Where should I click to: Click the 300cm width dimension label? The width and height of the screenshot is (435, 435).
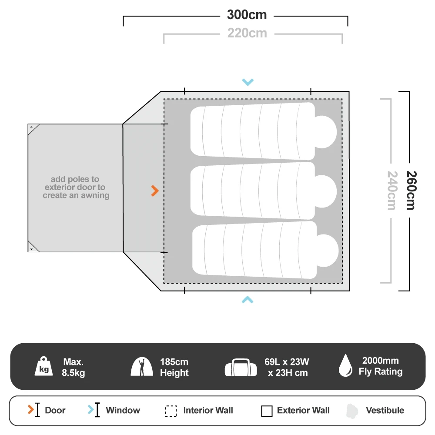point(247,15)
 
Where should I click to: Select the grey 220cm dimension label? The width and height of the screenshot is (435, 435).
point(247,33)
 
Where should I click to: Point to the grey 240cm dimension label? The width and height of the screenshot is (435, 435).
point(391,190)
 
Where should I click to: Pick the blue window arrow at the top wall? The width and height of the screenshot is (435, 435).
point(248,82)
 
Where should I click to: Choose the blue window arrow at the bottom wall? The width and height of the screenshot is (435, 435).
point(248,299)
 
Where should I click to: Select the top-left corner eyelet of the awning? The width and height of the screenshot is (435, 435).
point(31,127)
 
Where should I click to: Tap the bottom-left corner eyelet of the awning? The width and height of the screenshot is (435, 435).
point(31,249)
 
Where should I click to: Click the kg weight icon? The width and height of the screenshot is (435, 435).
point(44,367)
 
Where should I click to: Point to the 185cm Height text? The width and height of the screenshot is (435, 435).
point(174,367)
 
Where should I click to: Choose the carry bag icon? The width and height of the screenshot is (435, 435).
point(241,368)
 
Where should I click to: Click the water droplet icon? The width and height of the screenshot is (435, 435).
point(345,365)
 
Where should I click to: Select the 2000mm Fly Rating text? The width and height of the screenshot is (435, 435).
point(380,366)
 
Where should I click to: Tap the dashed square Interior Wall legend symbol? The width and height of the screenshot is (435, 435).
point(171,411)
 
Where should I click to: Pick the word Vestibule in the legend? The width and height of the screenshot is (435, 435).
point(385,410)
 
